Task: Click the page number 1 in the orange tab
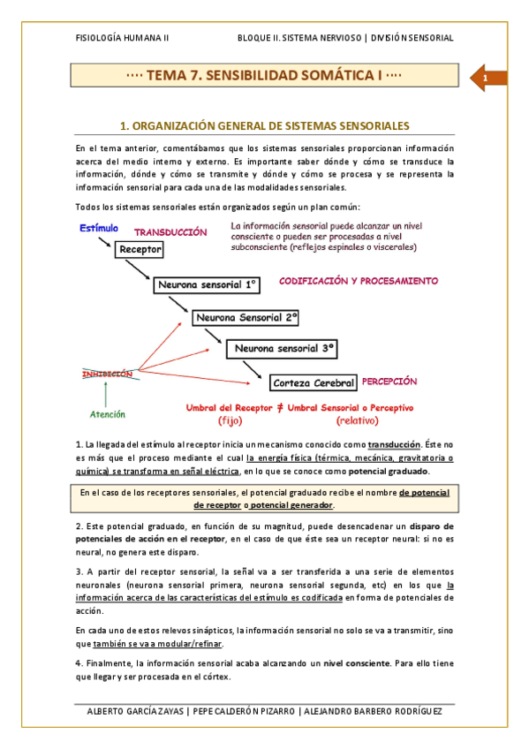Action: (486, 81)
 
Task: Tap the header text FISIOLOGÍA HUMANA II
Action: (123, 38)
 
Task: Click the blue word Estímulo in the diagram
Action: (99, 228)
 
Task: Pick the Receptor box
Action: (140, 250)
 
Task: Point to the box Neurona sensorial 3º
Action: (283, 350)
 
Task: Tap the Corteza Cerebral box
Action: (314, 383)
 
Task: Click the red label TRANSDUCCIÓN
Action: (170, 232)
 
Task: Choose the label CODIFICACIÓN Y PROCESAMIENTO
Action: (359, 281)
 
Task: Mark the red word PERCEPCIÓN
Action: (389, 381)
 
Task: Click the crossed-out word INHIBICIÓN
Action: (108, 374)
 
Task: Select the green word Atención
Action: (108, 414)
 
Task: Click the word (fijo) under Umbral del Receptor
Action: (235, 420)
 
